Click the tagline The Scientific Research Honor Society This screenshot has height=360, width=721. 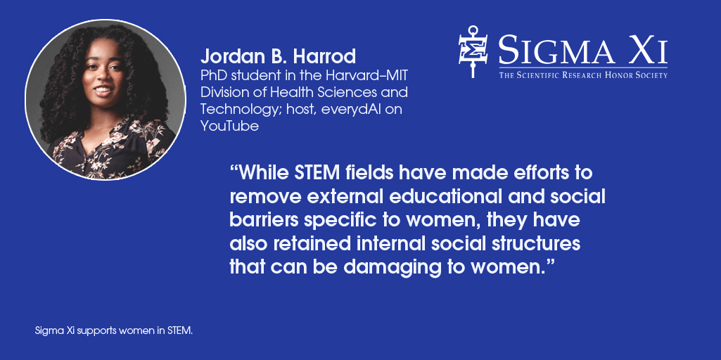pyautogui.click(x=582, y=75)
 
